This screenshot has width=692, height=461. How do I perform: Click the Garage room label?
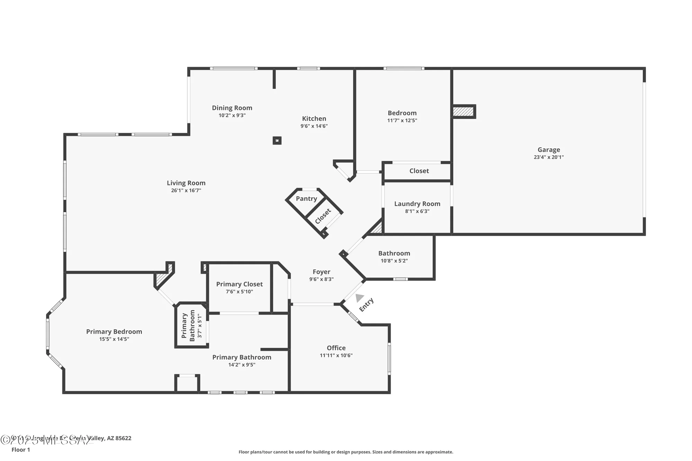[x=549, y=150]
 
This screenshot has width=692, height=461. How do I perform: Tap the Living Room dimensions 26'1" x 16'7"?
[x=186, y=191]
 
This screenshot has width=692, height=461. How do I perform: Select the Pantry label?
[x=306, y=199]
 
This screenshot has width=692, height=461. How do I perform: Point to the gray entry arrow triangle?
[x=359, y=297]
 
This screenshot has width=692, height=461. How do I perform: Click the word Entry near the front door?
[x=366, y=305]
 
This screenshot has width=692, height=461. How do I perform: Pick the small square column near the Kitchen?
[x=277, y=140]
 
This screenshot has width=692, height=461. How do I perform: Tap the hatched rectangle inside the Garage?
[x=463, y=112]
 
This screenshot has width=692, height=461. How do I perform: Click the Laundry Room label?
[x=417, y=204]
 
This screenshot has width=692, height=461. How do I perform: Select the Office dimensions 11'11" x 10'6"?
[x=336, y=356]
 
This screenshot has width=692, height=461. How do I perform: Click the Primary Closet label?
[x=239, y=284]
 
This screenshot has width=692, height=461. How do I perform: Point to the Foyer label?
[x=321, y=272]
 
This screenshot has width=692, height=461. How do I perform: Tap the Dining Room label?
[x=232, y=108]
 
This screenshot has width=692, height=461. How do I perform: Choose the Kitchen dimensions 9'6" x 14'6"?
[x=314, y=126]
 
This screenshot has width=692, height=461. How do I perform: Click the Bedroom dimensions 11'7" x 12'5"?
[x=402, y=121]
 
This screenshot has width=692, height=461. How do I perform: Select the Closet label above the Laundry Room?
[x=419, y=171]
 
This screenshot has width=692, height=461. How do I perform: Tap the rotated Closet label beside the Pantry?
[x=323, y=216]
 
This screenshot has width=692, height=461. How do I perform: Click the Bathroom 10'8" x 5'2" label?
[x=394, y=253]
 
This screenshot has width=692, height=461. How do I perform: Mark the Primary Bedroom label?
[x=114, y=332]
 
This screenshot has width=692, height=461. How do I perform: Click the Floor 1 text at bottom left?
[x=21, y=450]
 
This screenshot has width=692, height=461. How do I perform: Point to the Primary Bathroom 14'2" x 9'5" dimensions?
[x=242, y=365]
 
